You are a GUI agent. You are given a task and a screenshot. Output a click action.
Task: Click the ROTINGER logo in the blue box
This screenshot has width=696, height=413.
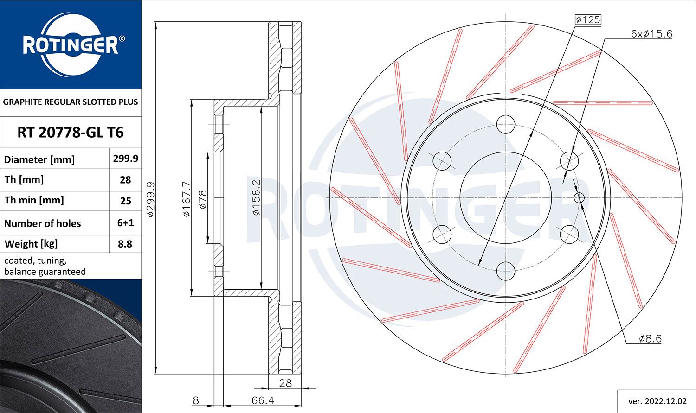[71, 45]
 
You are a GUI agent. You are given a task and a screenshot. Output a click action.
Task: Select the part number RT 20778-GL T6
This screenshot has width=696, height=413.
[71, 133]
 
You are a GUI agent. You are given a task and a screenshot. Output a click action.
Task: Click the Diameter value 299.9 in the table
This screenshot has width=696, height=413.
[125, 159]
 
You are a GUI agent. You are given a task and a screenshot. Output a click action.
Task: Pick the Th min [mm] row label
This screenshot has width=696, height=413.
[34, 200]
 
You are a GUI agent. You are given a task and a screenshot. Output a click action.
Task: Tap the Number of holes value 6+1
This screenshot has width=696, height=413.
[125, 223]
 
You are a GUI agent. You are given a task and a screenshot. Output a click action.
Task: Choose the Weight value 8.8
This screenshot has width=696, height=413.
[125, 244]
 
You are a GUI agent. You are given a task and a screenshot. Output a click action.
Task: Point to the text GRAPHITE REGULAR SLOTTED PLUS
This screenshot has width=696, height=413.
[71, 102]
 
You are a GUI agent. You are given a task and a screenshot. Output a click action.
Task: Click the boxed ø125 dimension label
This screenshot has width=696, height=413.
[587, 19]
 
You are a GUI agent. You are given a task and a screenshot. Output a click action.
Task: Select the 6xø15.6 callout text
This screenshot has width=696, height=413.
[651, 34]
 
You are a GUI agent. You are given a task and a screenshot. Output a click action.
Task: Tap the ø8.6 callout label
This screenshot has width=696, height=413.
[650, 338]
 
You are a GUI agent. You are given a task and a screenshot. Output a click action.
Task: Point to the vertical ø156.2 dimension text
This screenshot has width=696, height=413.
[256, 197]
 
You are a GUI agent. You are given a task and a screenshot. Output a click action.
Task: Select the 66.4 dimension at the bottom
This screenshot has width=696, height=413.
[263, 400]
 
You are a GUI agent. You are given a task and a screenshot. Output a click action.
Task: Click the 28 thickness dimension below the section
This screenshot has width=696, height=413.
[285, 383]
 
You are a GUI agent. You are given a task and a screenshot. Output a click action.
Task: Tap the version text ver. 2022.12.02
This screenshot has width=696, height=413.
[657, 400]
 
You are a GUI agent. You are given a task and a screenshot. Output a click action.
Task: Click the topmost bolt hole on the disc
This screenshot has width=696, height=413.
[505, 124]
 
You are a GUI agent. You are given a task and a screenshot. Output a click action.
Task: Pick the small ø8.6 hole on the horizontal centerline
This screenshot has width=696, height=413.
[579, 198]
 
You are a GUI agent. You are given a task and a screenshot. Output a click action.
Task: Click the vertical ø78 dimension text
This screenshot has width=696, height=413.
[202, 199]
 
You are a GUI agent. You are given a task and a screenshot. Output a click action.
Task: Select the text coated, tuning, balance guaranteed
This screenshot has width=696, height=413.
[45, 266]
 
